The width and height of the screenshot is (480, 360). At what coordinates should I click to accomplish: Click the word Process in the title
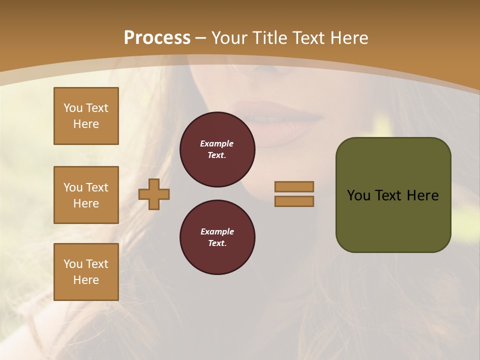click(x=157, y=38)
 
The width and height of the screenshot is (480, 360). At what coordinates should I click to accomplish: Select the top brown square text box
click(x=86, y=116)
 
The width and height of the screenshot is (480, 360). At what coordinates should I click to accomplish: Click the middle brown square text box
click(x=86, y=195)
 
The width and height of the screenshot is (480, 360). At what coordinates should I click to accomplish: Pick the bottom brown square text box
click(x=86, y=272)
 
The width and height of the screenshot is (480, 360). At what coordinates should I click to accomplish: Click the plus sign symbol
click(x=154, y=194)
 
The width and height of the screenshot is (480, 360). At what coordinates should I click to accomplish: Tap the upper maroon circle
click(x=217, y=149)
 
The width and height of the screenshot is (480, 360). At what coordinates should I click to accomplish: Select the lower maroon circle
click(x=217, y=237)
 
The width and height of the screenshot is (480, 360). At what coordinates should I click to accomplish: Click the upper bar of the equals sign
click(x=294, y=186)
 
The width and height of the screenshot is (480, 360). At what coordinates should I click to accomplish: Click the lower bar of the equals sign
click(x=294, y=201)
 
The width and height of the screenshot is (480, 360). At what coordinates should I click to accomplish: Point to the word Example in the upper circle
click(x=217, y=143)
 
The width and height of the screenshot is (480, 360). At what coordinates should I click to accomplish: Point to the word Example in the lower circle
click(x=217, y=231)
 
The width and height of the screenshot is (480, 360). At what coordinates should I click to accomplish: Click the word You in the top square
click(x=72, y=108)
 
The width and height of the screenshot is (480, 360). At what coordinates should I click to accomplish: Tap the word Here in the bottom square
click(x=86, y=280)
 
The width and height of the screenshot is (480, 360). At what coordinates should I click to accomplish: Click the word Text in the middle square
click(x=97, y=187)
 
